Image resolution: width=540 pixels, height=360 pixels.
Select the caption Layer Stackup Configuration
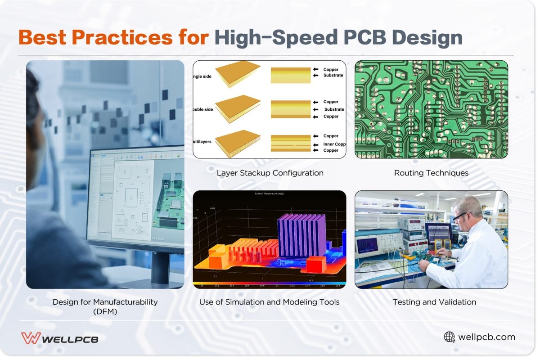click(270, 173)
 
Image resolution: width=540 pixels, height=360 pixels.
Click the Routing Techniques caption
click(431, 173)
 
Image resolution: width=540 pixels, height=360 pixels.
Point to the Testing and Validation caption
click(434, 302)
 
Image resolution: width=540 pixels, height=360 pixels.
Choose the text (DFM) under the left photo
click(105, 311)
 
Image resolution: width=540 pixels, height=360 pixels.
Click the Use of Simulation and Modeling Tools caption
click(269, 302)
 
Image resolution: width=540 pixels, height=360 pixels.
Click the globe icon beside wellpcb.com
click(449, 337)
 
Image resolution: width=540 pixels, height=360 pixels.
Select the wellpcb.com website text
click(486, 337)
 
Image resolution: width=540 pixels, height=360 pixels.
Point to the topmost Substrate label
click(333, 76)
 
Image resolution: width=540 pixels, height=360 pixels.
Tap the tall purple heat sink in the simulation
click(299, 234)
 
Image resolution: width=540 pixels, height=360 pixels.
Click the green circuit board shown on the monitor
click(169, 198)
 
